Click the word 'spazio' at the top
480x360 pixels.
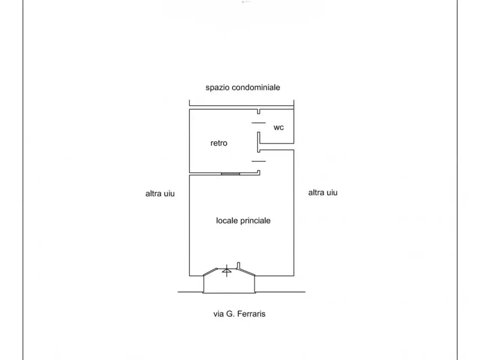(217, 88)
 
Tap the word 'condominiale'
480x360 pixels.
(256, 87)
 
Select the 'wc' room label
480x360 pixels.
(279, 127)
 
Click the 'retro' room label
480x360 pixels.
(219, 143)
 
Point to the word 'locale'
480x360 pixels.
(227, 220)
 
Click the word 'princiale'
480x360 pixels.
(255, 221)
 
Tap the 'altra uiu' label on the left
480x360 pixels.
(160, 193)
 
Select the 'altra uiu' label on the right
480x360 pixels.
(323, 193)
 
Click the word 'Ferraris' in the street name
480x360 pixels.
(251, 314)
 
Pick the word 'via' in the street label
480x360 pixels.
(219, 314)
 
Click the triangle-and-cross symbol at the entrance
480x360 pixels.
(227, 271)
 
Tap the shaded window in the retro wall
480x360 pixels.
(230, 174)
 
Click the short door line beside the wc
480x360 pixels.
(258, 123)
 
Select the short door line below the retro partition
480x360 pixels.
(258, 161)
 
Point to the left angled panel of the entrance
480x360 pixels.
(210, 272)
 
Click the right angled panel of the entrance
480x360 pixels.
(246, 272)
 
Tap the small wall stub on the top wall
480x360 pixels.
(259, 111)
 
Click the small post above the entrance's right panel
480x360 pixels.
(238, 265)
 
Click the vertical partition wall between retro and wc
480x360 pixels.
(259, 142)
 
